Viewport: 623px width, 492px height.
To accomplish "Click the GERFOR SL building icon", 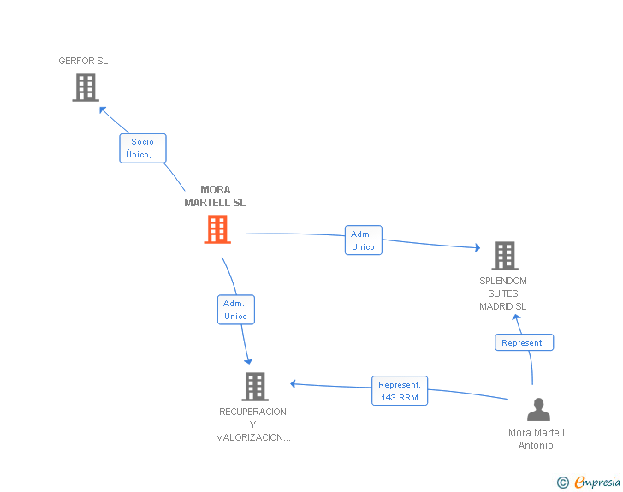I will coord(86,87).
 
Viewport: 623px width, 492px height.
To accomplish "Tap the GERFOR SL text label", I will coord(83,61).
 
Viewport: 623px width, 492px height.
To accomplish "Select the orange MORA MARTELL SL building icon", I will coord(217,229).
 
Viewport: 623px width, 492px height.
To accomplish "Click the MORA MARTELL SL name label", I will coord(215,197).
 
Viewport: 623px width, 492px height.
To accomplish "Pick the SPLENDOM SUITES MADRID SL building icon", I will coord(505,255).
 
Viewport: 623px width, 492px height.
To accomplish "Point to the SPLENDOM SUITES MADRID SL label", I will coord(503,293).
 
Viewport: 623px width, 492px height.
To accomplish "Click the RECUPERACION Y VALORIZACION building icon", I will coord(254,387).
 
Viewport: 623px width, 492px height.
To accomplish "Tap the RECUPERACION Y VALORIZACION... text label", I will coord(253,424).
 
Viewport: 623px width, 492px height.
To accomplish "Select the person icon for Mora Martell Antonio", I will coord(538,410).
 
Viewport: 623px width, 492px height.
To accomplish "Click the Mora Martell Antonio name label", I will coord(537,439).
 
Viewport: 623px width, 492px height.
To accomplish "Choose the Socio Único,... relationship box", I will coord(142,148).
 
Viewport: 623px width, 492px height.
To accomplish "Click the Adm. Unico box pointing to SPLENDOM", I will coord(363,240).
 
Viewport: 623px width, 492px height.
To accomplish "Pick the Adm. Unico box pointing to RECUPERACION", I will coord(235,310).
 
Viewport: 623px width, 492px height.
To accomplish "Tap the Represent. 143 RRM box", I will coord(400,391).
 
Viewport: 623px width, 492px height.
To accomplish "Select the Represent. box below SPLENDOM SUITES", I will coord(524,342).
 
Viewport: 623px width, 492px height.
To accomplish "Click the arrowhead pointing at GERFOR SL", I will coord(102,109).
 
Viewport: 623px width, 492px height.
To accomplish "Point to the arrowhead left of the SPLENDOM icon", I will coord(477,248).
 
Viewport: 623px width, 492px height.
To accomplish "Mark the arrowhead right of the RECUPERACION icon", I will coord(293,383).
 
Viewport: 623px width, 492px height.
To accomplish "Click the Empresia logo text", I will coord(597,483).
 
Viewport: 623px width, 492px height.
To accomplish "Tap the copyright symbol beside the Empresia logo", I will coord(563,483).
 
